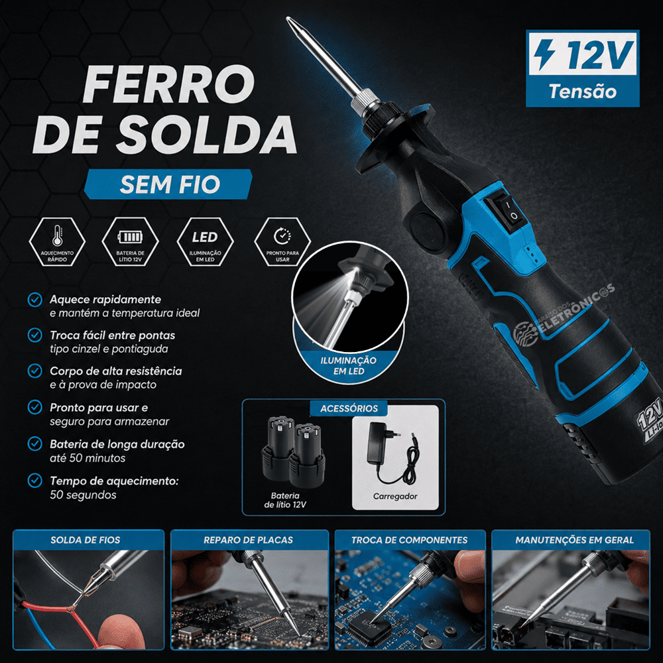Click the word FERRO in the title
pyautogui.click(x=168, y=84)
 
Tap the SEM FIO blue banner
pyautogui.click(x=168, y=184)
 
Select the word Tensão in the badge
pyautogui.click(x=583, y=91)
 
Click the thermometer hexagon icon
pyautogui.click(x=57, y=241)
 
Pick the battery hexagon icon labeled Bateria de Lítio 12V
pyautogui.click(x=130, y=241)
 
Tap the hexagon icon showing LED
pyautogui.click(x=205, y=241)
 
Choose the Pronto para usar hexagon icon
pyautogui.click(x=282, y=241)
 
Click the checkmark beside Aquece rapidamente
pyautogui.click(x=34, y=300)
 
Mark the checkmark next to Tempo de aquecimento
pyautogui.click(x=34, y=480)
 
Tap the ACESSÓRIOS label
pyautogui.click(x=349, y=408)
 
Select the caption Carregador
pyautogui.click(x=395, y=497)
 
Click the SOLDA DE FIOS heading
pyautogui.click(x=86, y=540)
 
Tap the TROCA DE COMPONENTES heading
pyautogui.click(x=409, y=540)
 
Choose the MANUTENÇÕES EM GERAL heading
pyautogui.click(x=574, y=540)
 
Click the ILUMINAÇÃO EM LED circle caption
pyautogui.click(x=349, y=366)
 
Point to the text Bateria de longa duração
pyautogui.click(x=117, y=444)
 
